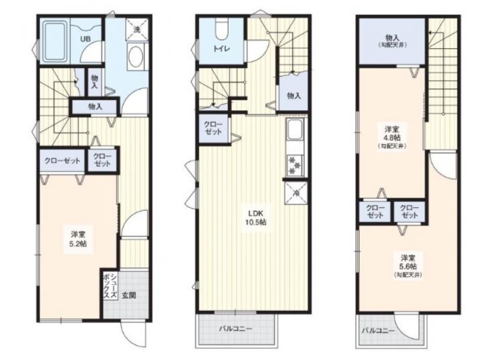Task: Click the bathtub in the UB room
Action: tap(56, 41)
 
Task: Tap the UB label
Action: tap(85, 39)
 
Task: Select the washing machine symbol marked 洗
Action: tap(137, 30)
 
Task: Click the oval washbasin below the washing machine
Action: tap(136, 57)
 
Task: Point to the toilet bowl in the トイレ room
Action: tap(221, 30)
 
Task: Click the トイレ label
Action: tap(221, 49)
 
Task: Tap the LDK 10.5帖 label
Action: tap(255, 217)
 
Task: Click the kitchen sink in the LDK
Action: tap(295, 130)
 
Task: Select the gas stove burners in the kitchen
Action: tap(295, 166)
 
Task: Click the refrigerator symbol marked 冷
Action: tap(296, 193)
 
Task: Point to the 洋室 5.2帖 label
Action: tap(79, 239)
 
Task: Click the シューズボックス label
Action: tap(110, 286)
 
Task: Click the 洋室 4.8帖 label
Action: tap(392, 137)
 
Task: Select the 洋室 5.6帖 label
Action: tap(409, 265)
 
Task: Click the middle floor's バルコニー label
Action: tap(235, 328)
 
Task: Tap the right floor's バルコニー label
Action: tap(378, 331)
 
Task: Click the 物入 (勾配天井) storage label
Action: tap(392, 41)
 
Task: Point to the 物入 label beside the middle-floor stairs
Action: tap(294, 96)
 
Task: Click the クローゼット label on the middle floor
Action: tap(213, 129)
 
